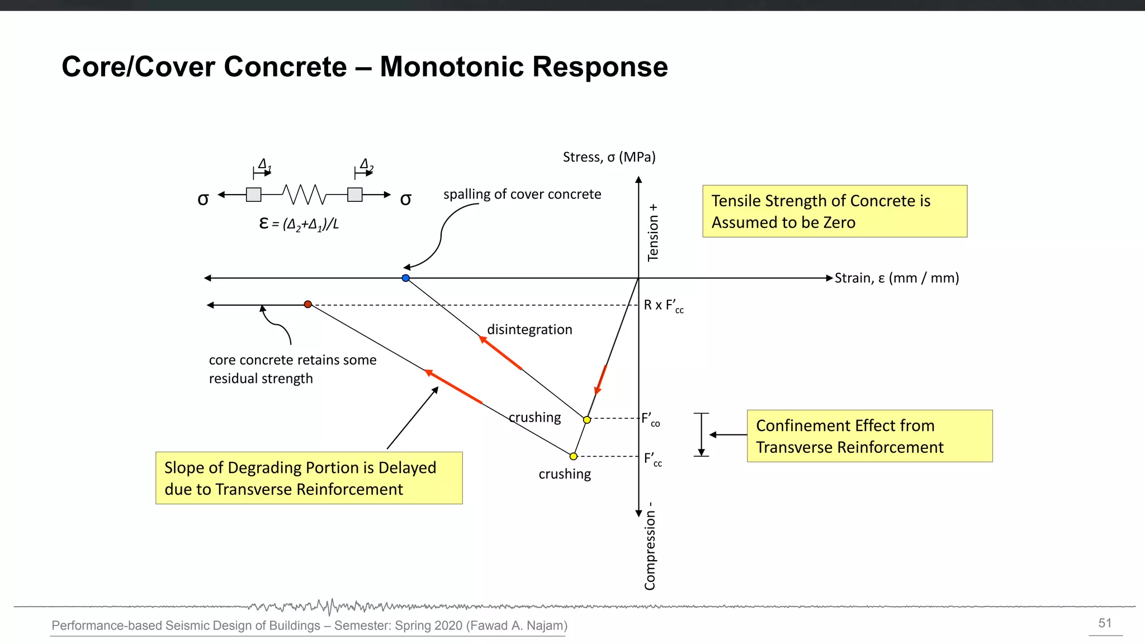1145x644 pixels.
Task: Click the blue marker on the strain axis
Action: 406,278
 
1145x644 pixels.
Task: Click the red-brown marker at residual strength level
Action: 307,304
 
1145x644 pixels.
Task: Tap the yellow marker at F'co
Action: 586,420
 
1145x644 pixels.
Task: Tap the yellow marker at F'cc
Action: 573,456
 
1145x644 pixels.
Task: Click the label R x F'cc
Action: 663,306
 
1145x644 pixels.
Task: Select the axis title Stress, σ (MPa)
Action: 609,157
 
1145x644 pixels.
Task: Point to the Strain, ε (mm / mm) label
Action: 896,278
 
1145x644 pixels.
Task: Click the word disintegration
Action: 529,329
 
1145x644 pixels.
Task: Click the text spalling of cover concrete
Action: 522,194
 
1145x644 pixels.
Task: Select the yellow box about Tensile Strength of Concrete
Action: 834,211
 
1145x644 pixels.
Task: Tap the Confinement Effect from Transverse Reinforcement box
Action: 869,436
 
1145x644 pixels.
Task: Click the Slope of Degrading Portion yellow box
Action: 309,478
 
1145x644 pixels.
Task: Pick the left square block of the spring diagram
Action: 254,195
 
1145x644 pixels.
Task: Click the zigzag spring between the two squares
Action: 304,195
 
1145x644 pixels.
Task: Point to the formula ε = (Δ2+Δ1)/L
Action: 299,224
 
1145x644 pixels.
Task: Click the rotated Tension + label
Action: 652,233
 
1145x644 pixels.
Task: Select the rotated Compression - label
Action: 650,546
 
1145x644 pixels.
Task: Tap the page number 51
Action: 1105,623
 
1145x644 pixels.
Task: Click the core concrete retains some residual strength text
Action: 292,369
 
